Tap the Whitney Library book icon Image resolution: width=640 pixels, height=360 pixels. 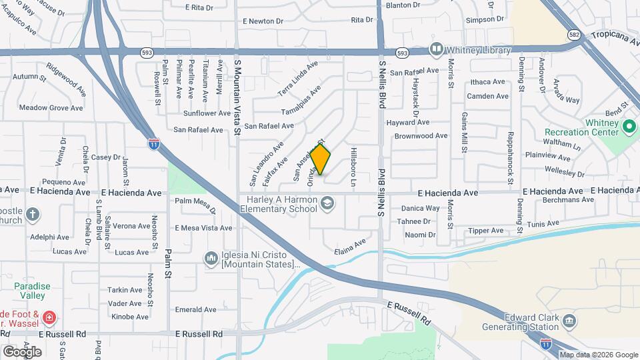[x=436, y=49]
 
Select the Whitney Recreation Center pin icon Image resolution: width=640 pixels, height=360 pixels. [x=628, y=125]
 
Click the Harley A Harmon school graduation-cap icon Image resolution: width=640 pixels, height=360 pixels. [x=327, y=202]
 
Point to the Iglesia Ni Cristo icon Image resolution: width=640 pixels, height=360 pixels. [x=211, y=257]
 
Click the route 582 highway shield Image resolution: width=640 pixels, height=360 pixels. [x=574, y=34]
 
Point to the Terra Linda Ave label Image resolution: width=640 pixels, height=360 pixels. [x=298, y=78]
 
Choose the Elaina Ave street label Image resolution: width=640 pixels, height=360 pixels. [x=351, y=246]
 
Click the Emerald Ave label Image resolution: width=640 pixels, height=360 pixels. [x=195, y=309]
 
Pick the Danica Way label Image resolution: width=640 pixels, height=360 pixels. [x=420, y=208]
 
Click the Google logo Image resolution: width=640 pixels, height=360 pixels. [x=21, y=351]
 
